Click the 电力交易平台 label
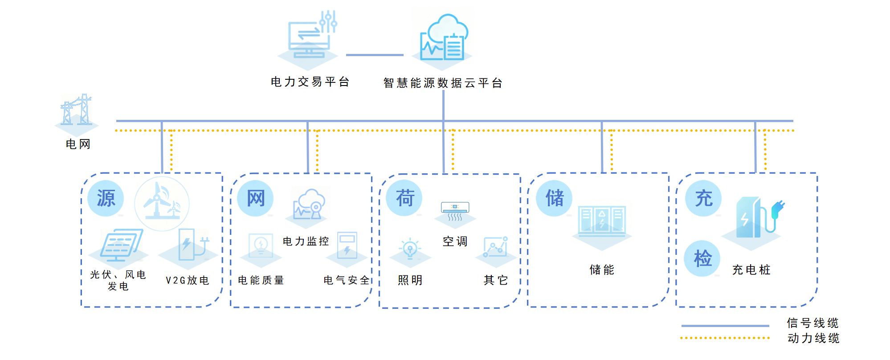[x=310, y=82]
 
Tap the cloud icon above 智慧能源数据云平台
[x=444, y=38]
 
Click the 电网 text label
[x=78, y=144]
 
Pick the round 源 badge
[x=106, y=198]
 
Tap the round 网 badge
[x=255, y=198]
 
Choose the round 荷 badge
[x=404, y=198]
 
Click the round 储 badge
[x=554, y=198]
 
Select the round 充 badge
[x=703, y=198]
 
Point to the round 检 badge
[x=702, y=258]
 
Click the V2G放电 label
[x=188, y=280]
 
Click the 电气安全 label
[x=347, y=280]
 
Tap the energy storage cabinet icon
[x=602, y=220]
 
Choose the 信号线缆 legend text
[x=812, y=323]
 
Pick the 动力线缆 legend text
[x=813, y=338]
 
